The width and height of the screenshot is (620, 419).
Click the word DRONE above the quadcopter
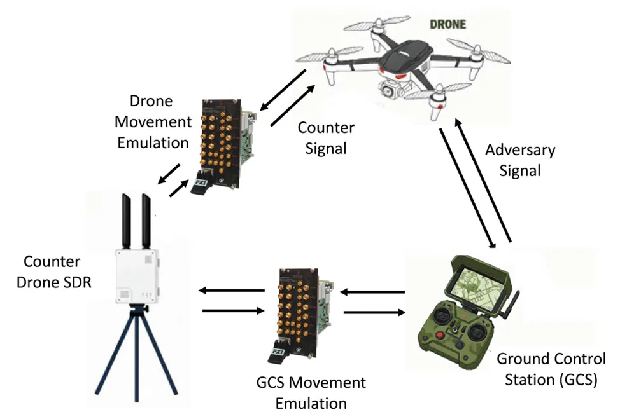[x=449, y=25]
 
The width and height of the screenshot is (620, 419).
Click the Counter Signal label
[x=326, y=138]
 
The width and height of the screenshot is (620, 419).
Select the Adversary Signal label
[x=519, y=160]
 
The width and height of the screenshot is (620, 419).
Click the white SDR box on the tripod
[x=136, y=273]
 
